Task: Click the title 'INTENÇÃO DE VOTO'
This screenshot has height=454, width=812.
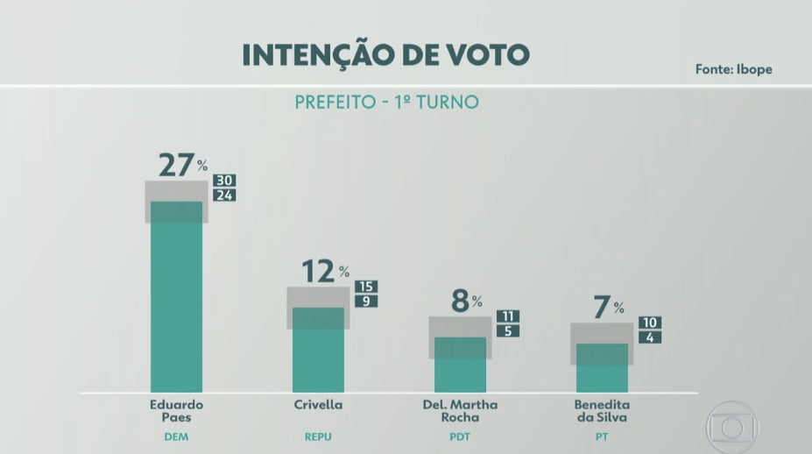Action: (x=385, y=54)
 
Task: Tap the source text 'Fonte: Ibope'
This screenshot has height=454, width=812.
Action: (x=733, y=69)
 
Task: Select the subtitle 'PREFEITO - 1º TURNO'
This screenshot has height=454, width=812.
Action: (x=386, y=102)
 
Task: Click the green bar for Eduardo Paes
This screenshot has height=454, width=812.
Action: (x=176, y=298)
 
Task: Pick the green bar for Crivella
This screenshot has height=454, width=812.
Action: (x=318, y=351)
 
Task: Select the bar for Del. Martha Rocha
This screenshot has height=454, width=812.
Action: (x=460, y=365)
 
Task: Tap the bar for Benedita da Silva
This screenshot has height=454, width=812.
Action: (x=602, y=368)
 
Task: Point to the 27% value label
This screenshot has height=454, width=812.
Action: (x=182, y=164)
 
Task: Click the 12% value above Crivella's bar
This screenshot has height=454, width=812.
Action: (x=325, y=272)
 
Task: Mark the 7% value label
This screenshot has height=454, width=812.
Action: (x=608, y=307)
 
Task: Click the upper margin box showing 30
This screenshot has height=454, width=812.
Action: (x=224, y=181)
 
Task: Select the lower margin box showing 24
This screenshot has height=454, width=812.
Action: (x=224, y=195)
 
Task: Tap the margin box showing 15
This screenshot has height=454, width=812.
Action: (x=366, y=287)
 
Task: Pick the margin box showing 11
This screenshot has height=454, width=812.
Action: (x=508, y=316)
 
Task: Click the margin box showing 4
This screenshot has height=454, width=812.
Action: (x=650, y=337)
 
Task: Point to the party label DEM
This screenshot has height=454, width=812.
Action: (x=176, y=436)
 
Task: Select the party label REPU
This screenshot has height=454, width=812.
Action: (x=318, y=436)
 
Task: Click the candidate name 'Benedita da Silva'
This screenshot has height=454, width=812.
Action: (x=602, y=411)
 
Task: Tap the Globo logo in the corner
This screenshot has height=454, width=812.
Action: (x=731, y=427)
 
